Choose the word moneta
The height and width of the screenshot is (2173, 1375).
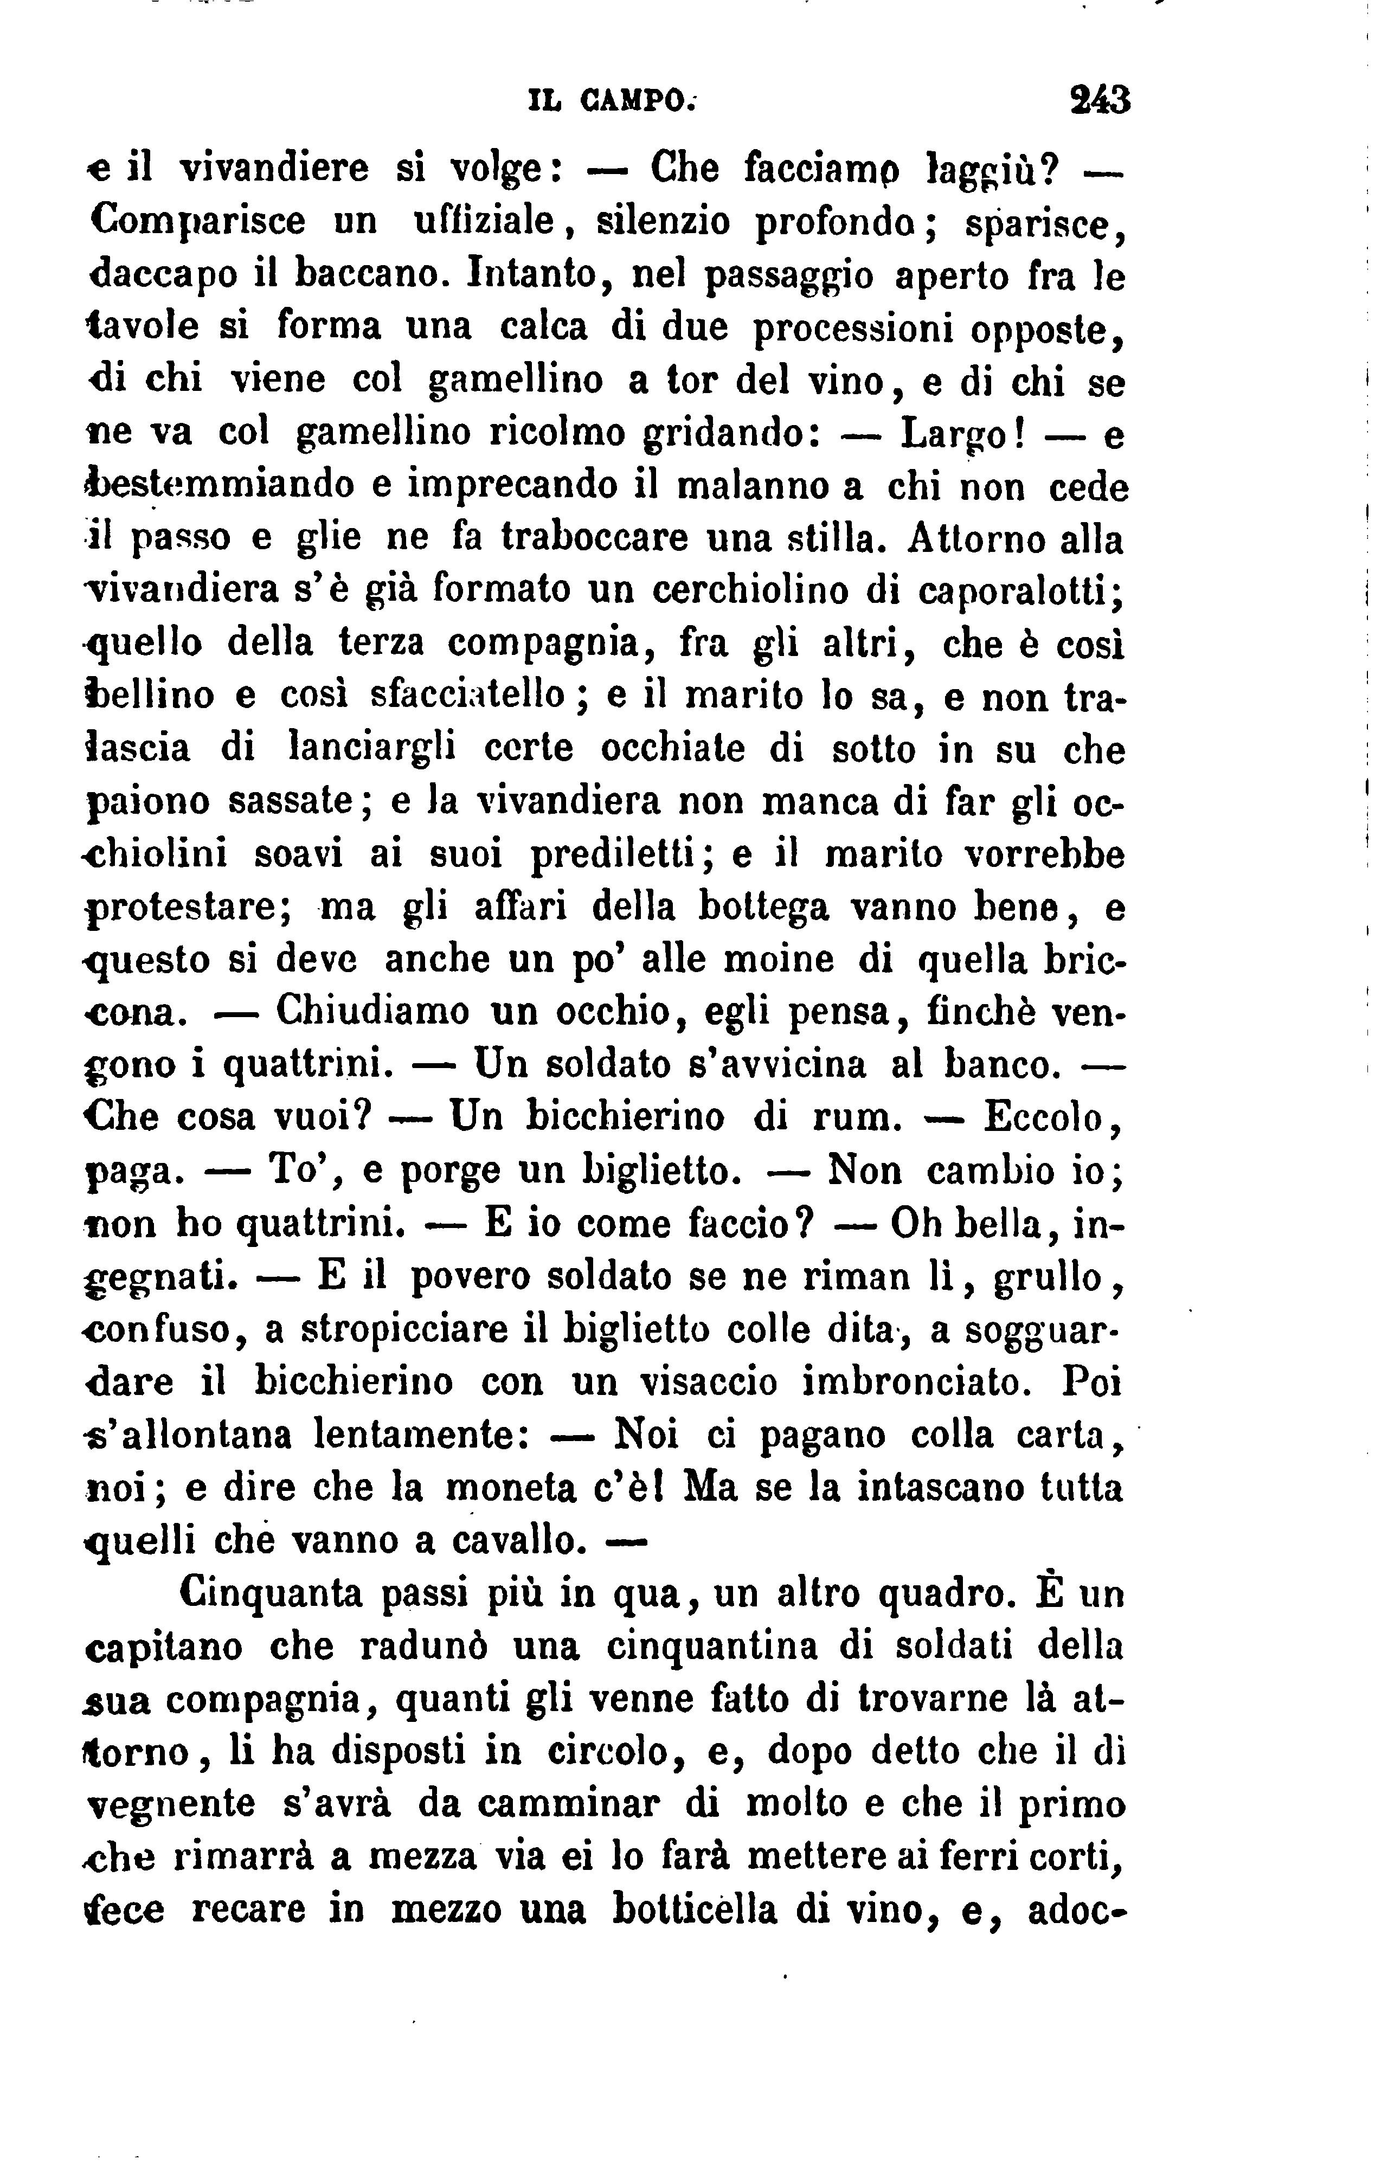pyautogui.click(x=511, y=1487)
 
